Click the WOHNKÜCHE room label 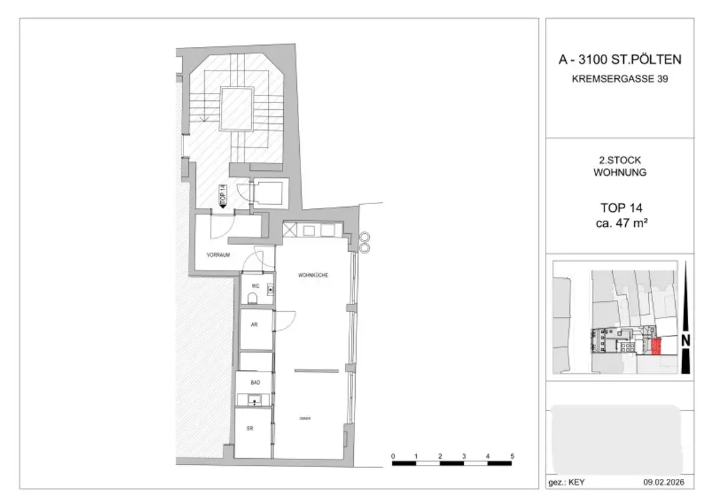313,275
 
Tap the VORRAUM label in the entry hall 217,255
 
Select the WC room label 255,286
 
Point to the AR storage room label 254,324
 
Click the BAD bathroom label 255,381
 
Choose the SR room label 250,428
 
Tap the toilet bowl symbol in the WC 253,298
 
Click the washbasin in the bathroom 254,399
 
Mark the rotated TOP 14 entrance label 222,193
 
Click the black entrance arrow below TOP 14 222,206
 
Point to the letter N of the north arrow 685,340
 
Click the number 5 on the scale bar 512,456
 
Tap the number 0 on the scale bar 393,456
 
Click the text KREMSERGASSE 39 620,79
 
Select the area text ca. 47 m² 620,222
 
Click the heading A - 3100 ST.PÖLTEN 620,60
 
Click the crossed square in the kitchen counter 289,230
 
